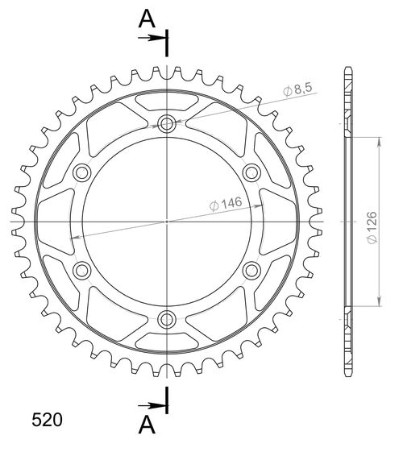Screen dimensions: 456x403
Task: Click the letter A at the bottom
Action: click(x=146, y=424)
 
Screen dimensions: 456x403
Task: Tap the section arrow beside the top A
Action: click(x=152, y=37)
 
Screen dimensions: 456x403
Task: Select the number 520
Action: click(x=47, y=420)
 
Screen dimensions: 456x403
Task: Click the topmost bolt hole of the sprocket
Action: click(x=167, y=123)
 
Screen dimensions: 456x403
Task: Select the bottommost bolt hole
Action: click(x=167, y=317)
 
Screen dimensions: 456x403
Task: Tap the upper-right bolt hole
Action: click(x=251, y=172)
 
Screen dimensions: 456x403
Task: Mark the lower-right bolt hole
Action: click(x=251, y=268)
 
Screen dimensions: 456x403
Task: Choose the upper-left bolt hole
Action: click(x=83, y=172)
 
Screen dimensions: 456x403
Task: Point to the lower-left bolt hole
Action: click(x=83, y=268)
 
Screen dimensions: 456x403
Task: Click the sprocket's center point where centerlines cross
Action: click(x=167, y=220)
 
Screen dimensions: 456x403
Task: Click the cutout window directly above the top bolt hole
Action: click(x=167, y=102)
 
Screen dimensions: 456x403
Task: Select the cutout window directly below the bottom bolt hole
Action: click(x=167, y=339)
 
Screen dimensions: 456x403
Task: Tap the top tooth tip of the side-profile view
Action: click(x=347, y=67)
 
